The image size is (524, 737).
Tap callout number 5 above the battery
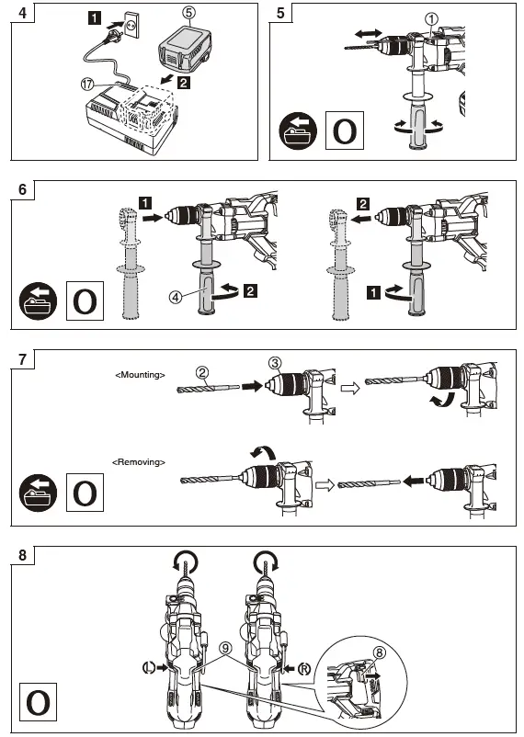tap(188, 14)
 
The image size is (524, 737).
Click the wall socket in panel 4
tap(134, 28)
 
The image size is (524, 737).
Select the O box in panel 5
tap(344, 130)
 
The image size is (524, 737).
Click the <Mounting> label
tap(140, 375)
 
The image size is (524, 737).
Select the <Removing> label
tap(139, 460)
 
